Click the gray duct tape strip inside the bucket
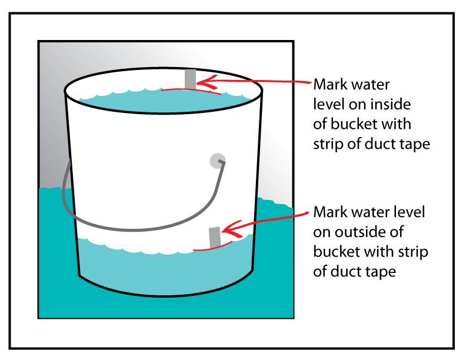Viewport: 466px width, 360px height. [x=190, y=79]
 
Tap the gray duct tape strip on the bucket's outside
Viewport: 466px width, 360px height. [x=214, y=237]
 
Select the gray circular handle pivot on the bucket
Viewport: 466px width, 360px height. [x=218, y=160]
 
